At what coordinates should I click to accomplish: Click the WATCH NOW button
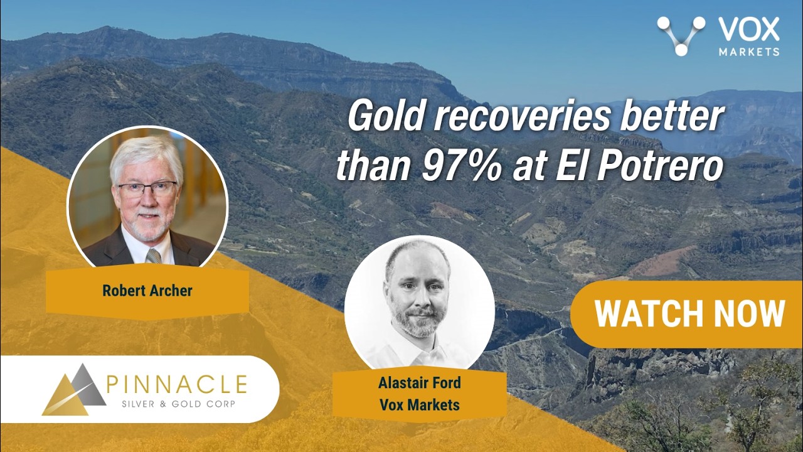686,315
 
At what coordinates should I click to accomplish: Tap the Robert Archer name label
147,291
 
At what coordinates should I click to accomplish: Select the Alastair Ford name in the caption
420,383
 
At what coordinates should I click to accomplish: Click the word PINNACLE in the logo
177,384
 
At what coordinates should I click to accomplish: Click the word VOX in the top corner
749,29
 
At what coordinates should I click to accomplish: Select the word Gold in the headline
388,118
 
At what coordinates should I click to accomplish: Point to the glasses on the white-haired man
147,189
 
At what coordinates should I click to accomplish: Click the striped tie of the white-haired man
154,256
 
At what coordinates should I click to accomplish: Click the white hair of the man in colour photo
147,156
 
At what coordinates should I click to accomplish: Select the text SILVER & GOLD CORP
179,404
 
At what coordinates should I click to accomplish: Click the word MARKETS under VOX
749,51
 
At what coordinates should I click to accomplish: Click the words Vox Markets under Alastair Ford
420,405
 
